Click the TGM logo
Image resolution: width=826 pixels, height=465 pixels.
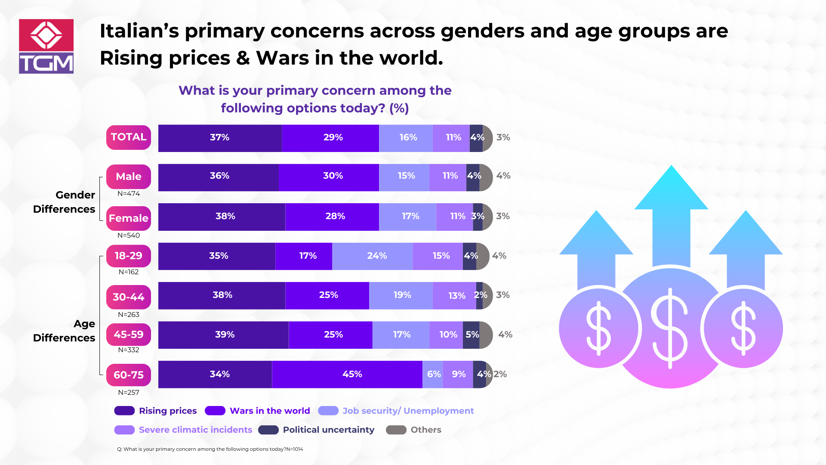click(46, 46)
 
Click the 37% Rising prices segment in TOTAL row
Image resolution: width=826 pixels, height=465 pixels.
click(220, 138)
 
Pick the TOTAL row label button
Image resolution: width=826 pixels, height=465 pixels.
click(128, 137)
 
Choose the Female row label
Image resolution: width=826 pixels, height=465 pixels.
click(128, 218)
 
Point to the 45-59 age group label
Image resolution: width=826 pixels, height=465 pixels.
click(128, 335)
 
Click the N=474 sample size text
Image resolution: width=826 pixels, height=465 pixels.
click(128, 194)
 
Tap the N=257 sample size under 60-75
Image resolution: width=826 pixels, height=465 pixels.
click(128, 393)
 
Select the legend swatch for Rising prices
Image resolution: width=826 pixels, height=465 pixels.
click(124, 411)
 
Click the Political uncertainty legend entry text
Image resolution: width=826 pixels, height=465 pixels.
click(328, 430)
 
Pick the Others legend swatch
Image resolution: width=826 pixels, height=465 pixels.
click(396, 430)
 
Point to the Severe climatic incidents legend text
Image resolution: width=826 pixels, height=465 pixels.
click(195, 430)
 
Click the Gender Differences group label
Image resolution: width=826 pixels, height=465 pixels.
click(65, 202)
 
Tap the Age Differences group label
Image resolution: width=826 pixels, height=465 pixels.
click(65, 331)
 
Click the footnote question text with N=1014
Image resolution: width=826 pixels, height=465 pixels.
click(210, 449)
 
